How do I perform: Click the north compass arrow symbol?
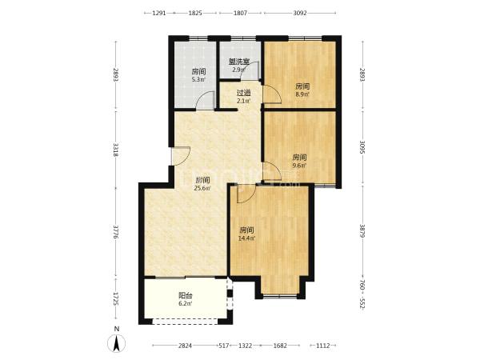116,343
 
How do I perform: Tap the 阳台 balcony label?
186,296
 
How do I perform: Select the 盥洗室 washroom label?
239,62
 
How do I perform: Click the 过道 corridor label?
244,93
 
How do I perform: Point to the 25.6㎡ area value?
202,188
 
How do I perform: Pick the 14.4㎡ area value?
247,238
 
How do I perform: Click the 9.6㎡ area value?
299,166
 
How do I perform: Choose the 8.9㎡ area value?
302,94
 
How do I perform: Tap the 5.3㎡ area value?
198,79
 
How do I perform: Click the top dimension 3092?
300,13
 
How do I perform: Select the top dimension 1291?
159,13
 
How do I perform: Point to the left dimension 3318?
116,150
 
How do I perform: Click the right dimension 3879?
362,231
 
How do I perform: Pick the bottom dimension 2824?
185,346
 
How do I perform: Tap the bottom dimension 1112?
322,346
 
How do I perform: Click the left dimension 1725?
116,298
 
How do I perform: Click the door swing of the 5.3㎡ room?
205,100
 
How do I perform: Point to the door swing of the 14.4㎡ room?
246,194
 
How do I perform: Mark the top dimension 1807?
240,13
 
